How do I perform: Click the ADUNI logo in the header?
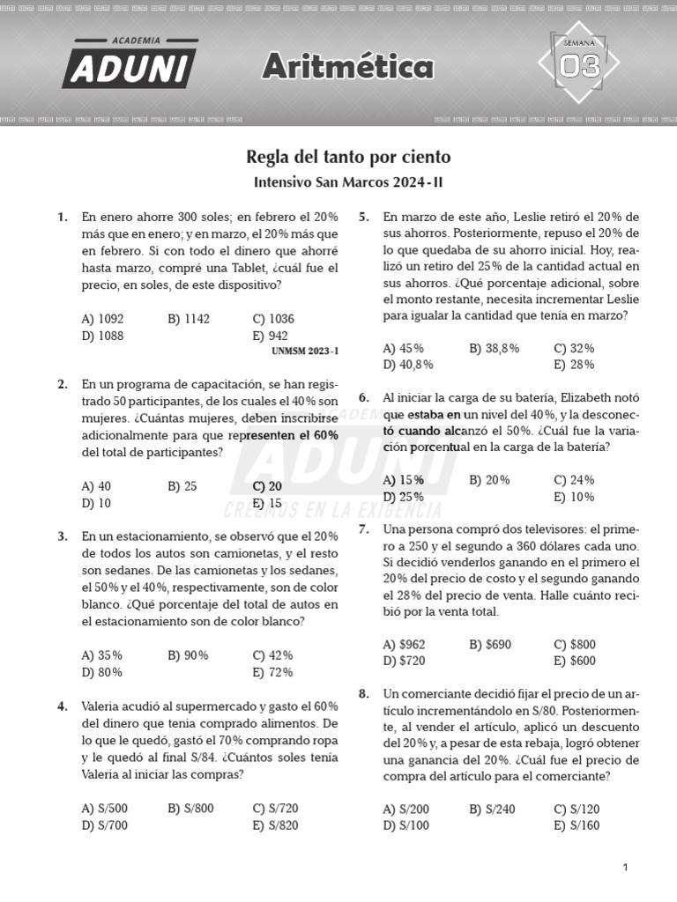click(129, 63)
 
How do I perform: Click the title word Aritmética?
click(348, 66)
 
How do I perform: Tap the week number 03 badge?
click(578, 63)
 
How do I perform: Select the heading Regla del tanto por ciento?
click(348, 157)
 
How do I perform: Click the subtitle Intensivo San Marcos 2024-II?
click(339, 182)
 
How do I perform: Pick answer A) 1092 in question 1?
click(102, 319)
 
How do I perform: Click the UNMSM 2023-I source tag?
click(305, 351)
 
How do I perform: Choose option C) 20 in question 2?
click(267, 486)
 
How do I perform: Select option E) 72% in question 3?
click(272, 672)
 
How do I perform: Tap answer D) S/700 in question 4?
click(104, 825)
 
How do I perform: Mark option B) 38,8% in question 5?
click(495, 348)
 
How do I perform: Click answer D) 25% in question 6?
click(403, 497)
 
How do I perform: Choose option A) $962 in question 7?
click(404, 644)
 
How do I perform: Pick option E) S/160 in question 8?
click(577, 825)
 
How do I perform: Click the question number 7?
click(363, 529)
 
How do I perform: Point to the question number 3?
click(63, 536)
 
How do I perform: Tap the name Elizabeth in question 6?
click(591, 397)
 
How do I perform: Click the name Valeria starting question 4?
click(104, 706)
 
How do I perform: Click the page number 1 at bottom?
click(625, 868)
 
